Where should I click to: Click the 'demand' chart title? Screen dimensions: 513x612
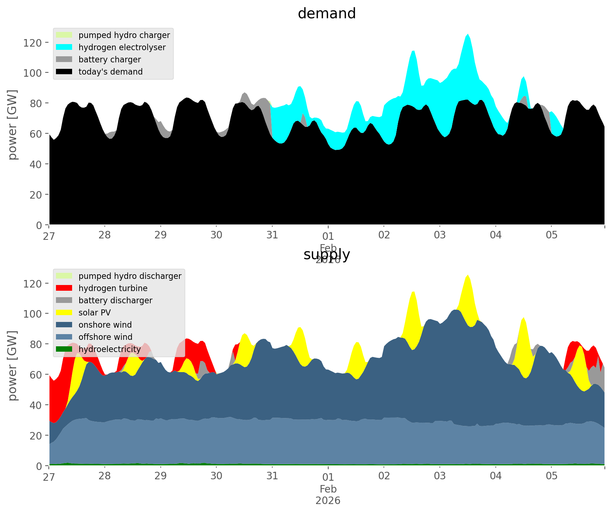pos(326,14)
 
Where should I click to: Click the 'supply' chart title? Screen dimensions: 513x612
pos(326,255)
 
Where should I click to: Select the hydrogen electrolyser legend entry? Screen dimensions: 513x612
pos(122,47)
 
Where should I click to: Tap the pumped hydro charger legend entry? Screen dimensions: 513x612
pos(124,35)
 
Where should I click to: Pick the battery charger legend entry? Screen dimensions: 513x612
pos(109,60)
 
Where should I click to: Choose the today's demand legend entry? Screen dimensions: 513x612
pos(110,72)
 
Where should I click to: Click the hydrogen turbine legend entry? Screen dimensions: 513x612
pos(113,288)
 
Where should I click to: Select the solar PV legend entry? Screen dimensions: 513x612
pos(94,313)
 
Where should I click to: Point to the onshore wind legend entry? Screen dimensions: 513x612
pos(105,325)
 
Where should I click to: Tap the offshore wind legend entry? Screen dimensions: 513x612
pos(105,337)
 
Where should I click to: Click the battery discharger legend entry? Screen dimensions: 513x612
pos(115,300)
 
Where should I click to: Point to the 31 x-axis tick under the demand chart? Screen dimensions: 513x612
pos(272,235)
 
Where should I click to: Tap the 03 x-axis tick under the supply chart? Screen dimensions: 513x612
pos(440,476)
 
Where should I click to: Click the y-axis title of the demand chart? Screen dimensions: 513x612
pos(13,124)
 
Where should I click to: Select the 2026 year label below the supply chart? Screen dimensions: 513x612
pos(328,500)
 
